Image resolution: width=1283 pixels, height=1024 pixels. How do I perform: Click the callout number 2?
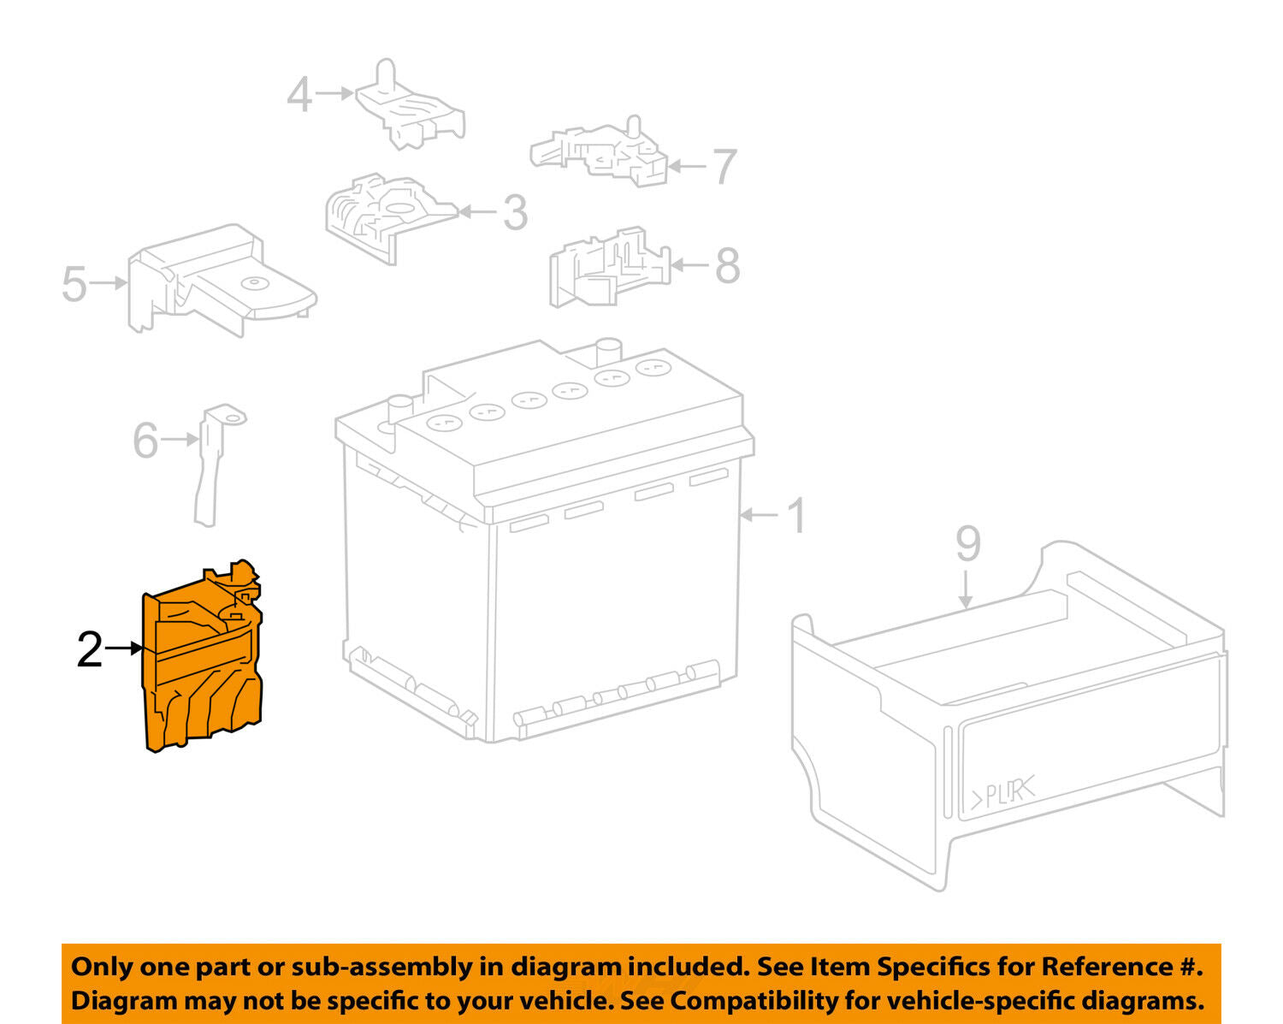[90, 649]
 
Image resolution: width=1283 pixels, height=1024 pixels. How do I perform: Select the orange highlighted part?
[202, 656]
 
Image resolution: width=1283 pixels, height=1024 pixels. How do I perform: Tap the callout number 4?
[299, 94]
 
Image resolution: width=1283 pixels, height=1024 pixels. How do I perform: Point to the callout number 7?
[725, 167]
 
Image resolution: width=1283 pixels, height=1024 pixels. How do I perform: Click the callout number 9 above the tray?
[968, 542]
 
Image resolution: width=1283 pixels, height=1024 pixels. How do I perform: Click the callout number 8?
[727, 265]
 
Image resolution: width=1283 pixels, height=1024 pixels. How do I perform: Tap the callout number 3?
[516, 212]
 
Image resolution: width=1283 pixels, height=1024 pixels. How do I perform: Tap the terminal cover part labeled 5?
[222, 281]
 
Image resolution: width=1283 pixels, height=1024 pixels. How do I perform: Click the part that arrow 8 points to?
[610, 267]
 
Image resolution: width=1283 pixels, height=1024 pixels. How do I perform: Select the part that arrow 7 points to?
[600, 152]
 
